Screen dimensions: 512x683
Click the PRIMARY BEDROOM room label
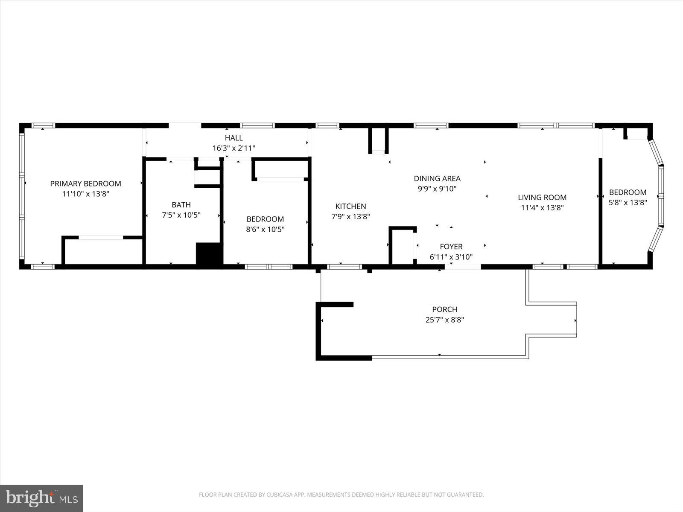tap(85, 183)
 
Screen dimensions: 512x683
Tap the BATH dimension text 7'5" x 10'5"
tap(181, 215)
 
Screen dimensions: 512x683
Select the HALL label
tap(234, 138)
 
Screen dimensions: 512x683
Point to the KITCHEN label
tap(350, 206)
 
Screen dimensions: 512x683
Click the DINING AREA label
tap(437, 178)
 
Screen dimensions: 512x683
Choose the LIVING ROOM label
tap(542, 197)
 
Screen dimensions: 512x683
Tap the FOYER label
tap(451, 247)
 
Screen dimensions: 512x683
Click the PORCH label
tap(444, 309)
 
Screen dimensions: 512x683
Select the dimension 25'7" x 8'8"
tap(444, 320)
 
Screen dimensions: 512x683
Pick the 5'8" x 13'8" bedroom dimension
tap(628, 203)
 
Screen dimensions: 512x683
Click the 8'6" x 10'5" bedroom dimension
tap(265, 229)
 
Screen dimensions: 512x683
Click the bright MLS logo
tap(41, 498)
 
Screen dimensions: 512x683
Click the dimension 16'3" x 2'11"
tap(234, 148)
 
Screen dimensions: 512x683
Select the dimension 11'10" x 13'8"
tap(85, 194)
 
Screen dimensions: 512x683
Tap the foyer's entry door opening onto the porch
tap(463, 267)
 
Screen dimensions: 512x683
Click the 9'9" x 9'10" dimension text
tap(437, 189)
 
